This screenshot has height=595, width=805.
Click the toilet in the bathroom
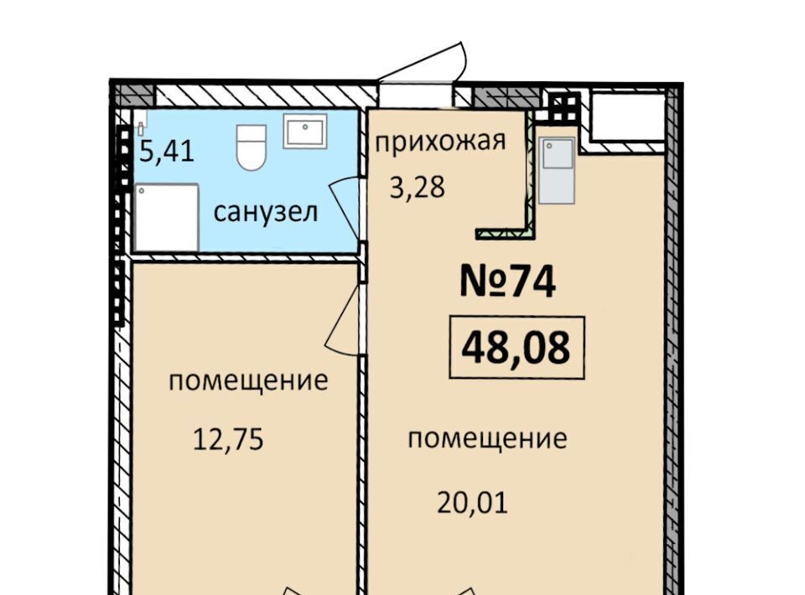251,147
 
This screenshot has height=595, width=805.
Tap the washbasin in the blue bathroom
305,132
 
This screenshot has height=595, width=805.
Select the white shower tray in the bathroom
166,218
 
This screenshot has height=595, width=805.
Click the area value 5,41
167,152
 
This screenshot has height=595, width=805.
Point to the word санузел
266,212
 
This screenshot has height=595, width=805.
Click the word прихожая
440,141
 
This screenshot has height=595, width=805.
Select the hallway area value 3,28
417,187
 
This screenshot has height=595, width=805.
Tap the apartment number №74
507,282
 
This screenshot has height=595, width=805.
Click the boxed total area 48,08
517,347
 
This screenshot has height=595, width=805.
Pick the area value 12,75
228,439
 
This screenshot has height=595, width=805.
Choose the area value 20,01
472,502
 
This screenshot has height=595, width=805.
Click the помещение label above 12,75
248,381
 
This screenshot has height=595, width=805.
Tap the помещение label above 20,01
487,439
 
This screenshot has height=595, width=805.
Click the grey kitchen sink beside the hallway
557,170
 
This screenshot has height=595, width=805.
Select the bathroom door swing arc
343,208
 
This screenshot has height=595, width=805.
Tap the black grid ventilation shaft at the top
563,108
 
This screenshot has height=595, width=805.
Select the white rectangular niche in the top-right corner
627,116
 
